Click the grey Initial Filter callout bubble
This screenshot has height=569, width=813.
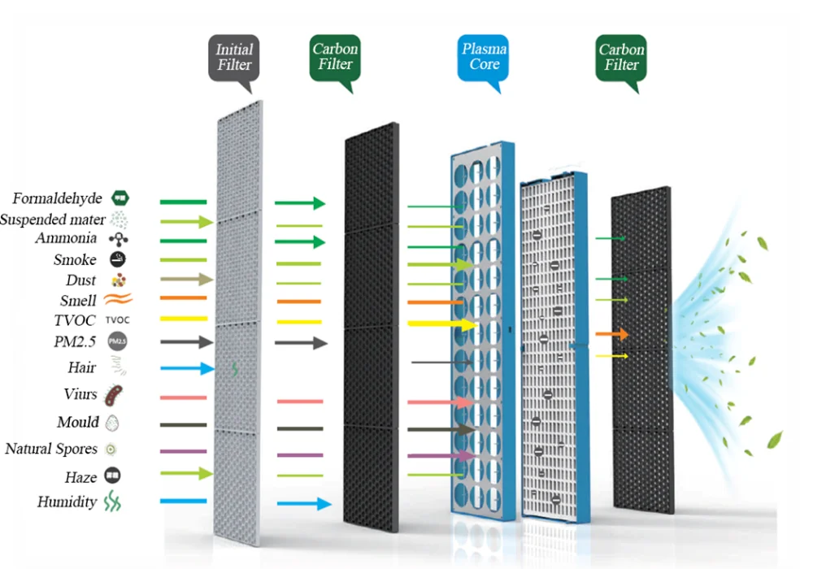pyautogui.click(x=234, y=58)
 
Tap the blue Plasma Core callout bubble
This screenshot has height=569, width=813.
pyautogui.click(x=484, y=57)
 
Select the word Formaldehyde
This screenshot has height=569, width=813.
pyautogui.click(x=57, y=198)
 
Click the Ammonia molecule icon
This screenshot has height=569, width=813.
pyautogui.click(x=119, y=239)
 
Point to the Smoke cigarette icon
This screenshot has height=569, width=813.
pyautogui.click(x=118, y=259)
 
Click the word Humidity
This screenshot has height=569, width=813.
pyautogui.click(x=67, y=502)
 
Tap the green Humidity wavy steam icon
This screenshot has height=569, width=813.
pyautogui.click(x=112, y=502)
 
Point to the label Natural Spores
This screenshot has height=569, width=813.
pyautogui.click(x=51, y=449)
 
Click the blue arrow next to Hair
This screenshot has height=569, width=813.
pyautogui.click(x=187, y=369)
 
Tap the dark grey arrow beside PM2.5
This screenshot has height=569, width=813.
pyautogui.click(x=186, y=342)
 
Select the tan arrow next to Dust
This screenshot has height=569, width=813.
pyautogui.click(x=186, y=280)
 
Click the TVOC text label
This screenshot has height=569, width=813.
pyautogui.click(x=74, y=321)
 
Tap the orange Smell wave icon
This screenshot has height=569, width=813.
pyautogui.click(x=118, y=300)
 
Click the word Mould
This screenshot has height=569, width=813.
pyautogui.click(x=78, y=422)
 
